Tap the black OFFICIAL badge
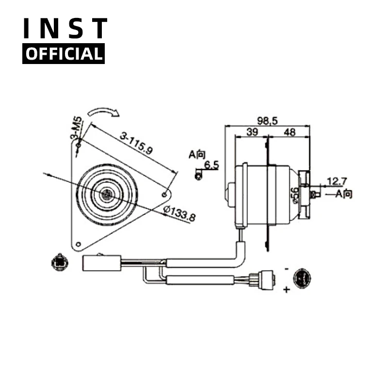tap(64, 54)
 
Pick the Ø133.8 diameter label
tap(179, 214)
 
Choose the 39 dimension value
tap(252, 132)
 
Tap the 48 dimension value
tap(290, 132)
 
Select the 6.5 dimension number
tap(211, 165)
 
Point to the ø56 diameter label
tap(294, 194)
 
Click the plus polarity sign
tap(286, 290)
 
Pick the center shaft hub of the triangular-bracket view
tap(107, 194)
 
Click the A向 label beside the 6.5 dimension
tap(197, 155)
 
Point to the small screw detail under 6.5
tap(198, 175)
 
